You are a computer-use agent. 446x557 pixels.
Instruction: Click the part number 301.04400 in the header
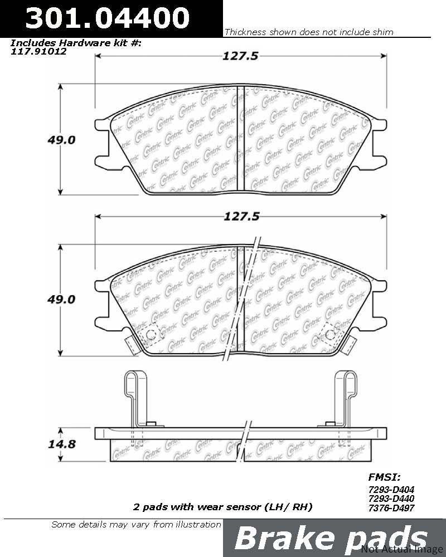click(x=107, y=18)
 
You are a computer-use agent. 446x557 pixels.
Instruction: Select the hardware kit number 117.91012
click(x=38, y=51)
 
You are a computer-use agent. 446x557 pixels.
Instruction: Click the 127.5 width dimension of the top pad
click(x=240, y=56)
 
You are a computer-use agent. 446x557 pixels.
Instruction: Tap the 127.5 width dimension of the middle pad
click(x=241, y=216)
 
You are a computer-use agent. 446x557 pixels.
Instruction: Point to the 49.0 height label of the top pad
click(x=61, y=140)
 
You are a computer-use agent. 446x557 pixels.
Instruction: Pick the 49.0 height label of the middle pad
click(x=61, y=300)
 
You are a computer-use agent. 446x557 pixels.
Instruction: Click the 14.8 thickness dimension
click(x=61, y=444)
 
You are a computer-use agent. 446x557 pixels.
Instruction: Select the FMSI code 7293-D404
click(x=391, y=490)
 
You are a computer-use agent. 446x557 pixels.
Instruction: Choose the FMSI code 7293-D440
click(x=391, y=499)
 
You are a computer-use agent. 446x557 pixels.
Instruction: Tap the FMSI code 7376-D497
click(x=391, y=508)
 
